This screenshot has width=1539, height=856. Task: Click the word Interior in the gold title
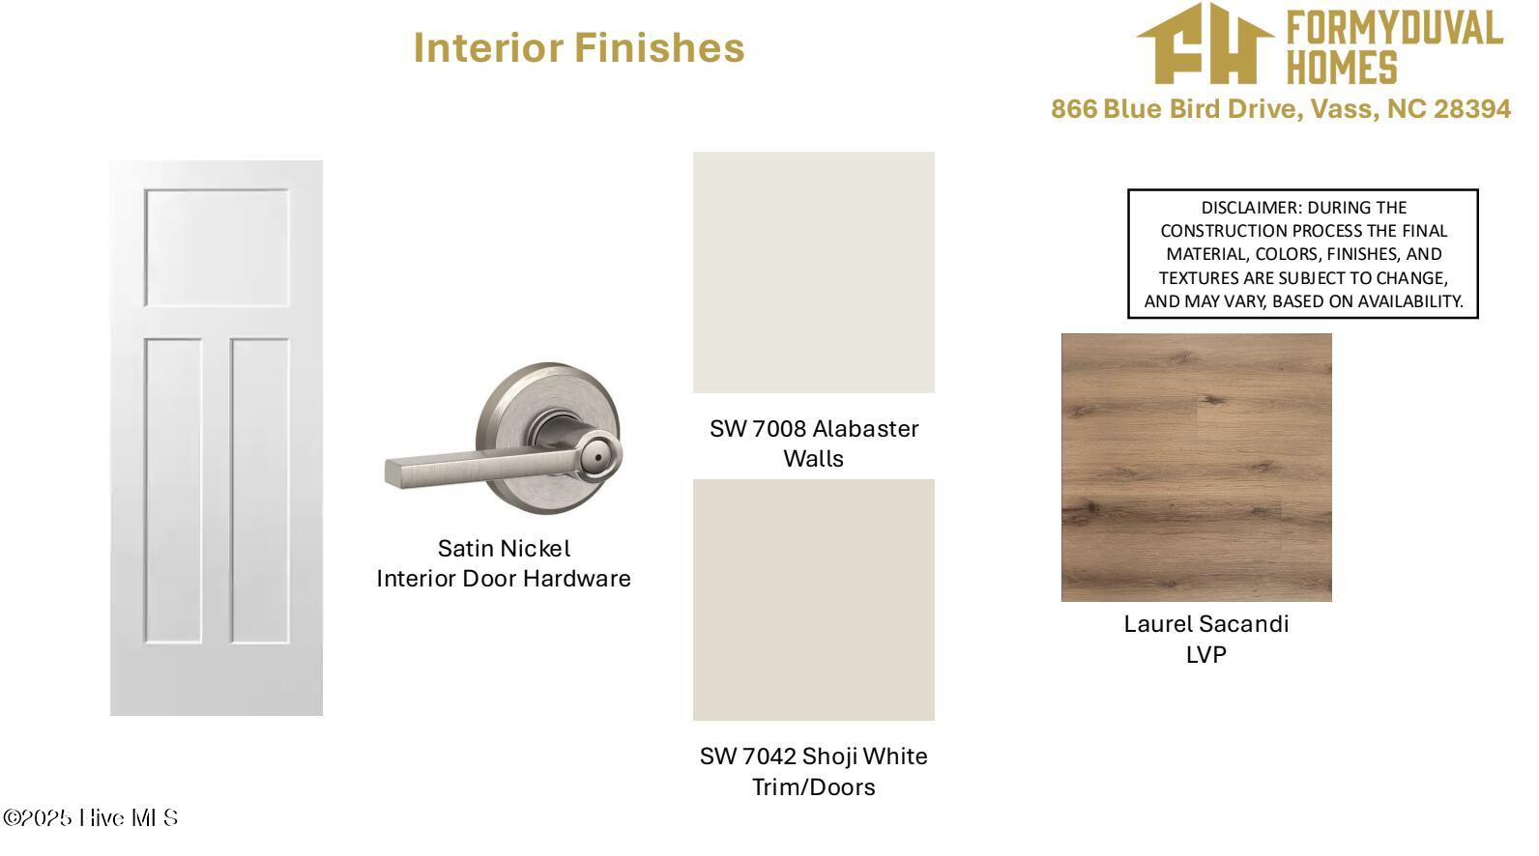(488, 47)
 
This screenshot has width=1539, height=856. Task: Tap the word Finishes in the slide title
(659, 47)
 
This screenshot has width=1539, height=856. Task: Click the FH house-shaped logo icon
(1205, 43)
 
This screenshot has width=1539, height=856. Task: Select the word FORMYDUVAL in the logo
(1394, 29)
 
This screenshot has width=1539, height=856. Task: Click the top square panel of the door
(217, 247)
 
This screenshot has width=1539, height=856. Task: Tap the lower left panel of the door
(173, 491)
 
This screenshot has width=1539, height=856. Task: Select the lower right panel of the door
(260, 491)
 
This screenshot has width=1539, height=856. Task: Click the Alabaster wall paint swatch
(813, 272)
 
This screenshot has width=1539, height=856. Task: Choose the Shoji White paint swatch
(813, 600)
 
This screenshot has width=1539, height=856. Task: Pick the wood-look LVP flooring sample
(1196, 468)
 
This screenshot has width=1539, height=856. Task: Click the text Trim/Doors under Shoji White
(813, 786)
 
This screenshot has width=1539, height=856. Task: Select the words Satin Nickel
(505, 549)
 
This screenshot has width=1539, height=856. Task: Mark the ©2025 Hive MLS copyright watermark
(91, 817)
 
